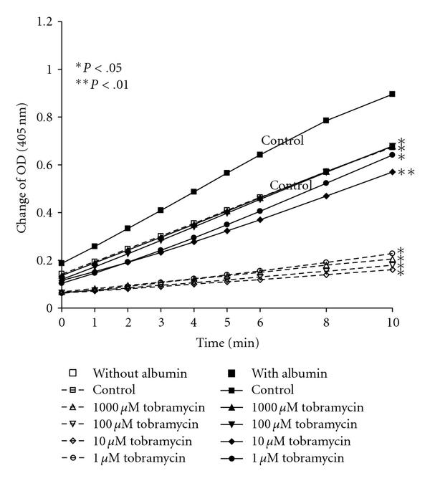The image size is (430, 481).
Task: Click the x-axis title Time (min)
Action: tap(226, 344)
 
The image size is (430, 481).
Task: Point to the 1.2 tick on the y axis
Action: tap(46, 22)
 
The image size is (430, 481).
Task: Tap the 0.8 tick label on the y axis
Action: tap(46, 117)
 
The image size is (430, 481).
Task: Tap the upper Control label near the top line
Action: tap(282, 141)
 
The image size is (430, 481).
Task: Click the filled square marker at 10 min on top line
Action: tap(392, 94)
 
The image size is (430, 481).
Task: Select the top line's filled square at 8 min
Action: tap(326, 120)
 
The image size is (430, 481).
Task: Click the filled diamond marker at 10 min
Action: tap(392, 172)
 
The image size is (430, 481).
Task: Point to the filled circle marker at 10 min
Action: tap(392, 155)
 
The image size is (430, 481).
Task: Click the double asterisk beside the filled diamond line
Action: tap(406, 173)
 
